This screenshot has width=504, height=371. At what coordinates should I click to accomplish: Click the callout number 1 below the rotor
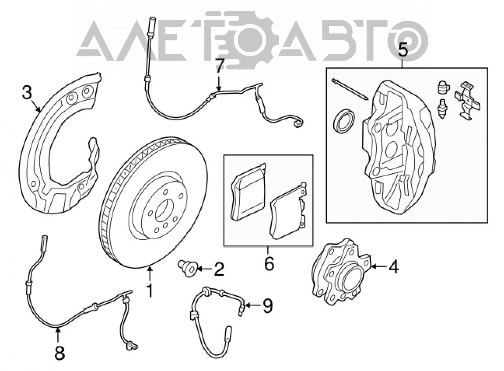coord(150,290)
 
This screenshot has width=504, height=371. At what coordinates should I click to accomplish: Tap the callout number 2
coord(219,269)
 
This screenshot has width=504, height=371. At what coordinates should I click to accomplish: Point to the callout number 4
coord(393,267)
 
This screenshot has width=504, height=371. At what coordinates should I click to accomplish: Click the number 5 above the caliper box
coord(402,50)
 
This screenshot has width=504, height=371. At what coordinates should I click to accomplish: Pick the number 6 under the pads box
coord(269,263)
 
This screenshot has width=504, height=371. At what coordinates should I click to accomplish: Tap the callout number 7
coord(219,68)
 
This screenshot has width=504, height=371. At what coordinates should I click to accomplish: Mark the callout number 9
coord(268,306)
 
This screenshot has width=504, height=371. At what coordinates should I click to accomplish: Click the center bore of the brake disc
coord(164,211)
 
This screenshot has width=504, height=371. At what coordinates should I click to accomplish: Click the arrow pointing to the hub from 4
coord(379,267)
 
